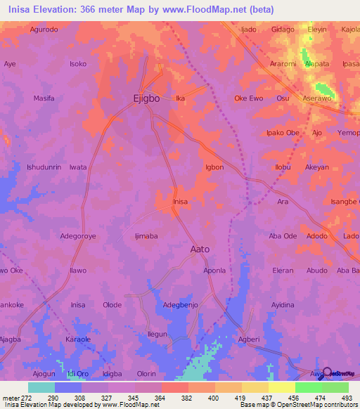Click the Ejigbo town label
click(x=146, y=99)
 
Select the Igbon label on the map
click(x=214, y=167)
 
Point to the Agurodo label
click(x=44, y=30)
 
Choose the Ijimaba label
click(x=146, y=236)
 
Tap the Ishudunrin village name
click(x=44, y=167)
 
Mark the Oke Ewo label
click(x=248, y=98)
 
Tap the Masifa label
click(x=44, y=98)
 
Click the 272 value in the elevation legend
click(x=23, y=398)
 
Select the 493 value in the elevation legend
click(x=345, y=398)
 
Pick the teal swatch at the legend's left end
click(x=41, y=387)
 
